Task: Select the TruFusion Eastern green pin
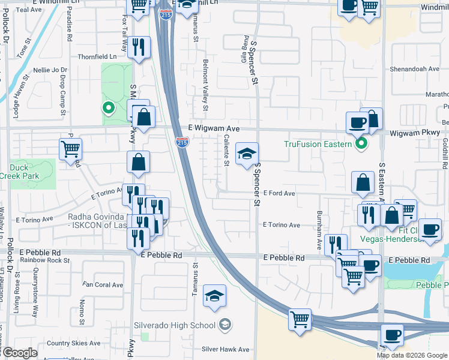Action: [361, 143]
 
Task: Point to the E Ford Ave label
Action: [279, 193]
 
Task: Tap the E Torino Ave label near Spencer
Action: [282, 225]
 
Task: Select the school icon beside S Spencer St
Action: [247, 155]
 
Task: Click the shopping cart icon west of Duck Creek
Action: [71, 149]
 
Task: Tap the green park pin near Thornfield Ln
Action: [108, 109]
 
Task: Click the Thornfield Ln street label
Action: [97, 56]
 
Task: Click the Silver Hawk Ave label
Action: [226, 349]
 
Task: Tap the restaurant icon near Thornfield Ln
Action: [139, 49]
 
